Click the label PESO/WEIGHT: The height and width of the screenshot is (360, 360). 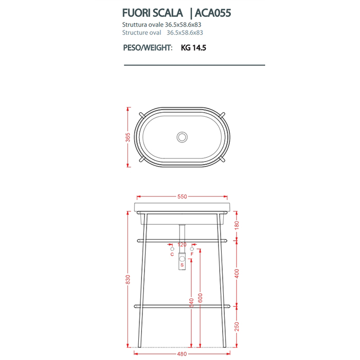click(x=147, y=48)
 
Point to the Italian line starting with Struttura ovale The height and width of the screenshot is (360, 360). click(x=163, y=25)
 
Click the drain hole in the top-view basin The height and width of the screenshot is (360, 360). click(x=182, y=137)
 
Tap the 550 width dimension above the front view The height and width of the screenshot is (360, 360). click(x=182, y=196)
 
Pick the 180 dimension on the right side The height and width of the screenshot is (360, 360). click(x=237, y=225)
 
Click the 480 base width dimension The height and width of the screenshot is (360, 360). click(x=182, y=353)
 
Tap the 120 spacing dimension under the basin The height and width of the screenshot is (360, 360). click(x=182, y=244)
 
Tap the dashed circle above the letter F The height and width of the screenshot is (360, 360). click(x=192, y=248)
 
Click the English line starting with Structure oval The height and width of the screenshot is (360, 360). click(x=163, y=32)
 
